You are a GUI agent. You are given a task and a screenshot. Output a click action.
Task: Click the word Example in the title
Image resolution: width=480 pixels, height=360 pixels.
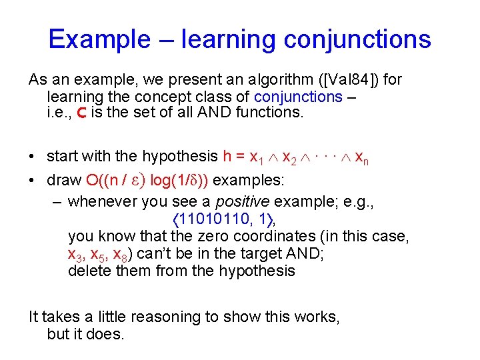pos(99,39)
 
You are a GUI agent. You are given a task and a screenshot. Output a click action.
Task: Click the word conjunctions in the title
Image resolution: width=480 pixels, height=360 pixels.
pos(357,39)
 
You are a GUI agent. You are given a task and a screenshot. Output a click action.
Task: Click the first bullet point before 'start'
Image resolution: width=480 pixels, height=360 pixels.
pos(33,157)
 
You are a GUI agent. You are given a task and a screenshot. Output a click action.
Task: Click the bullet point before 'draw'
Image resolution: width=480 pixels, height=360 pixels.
pos(33,181)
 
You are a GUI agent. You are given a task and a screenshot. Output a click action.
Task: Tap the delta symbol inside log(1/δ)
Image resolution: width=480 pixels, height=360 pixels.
pos(194,181)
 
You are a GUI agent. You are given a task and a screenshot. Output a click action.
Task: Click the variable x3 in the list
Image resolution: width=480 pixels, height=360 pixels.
pos(75,255)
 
